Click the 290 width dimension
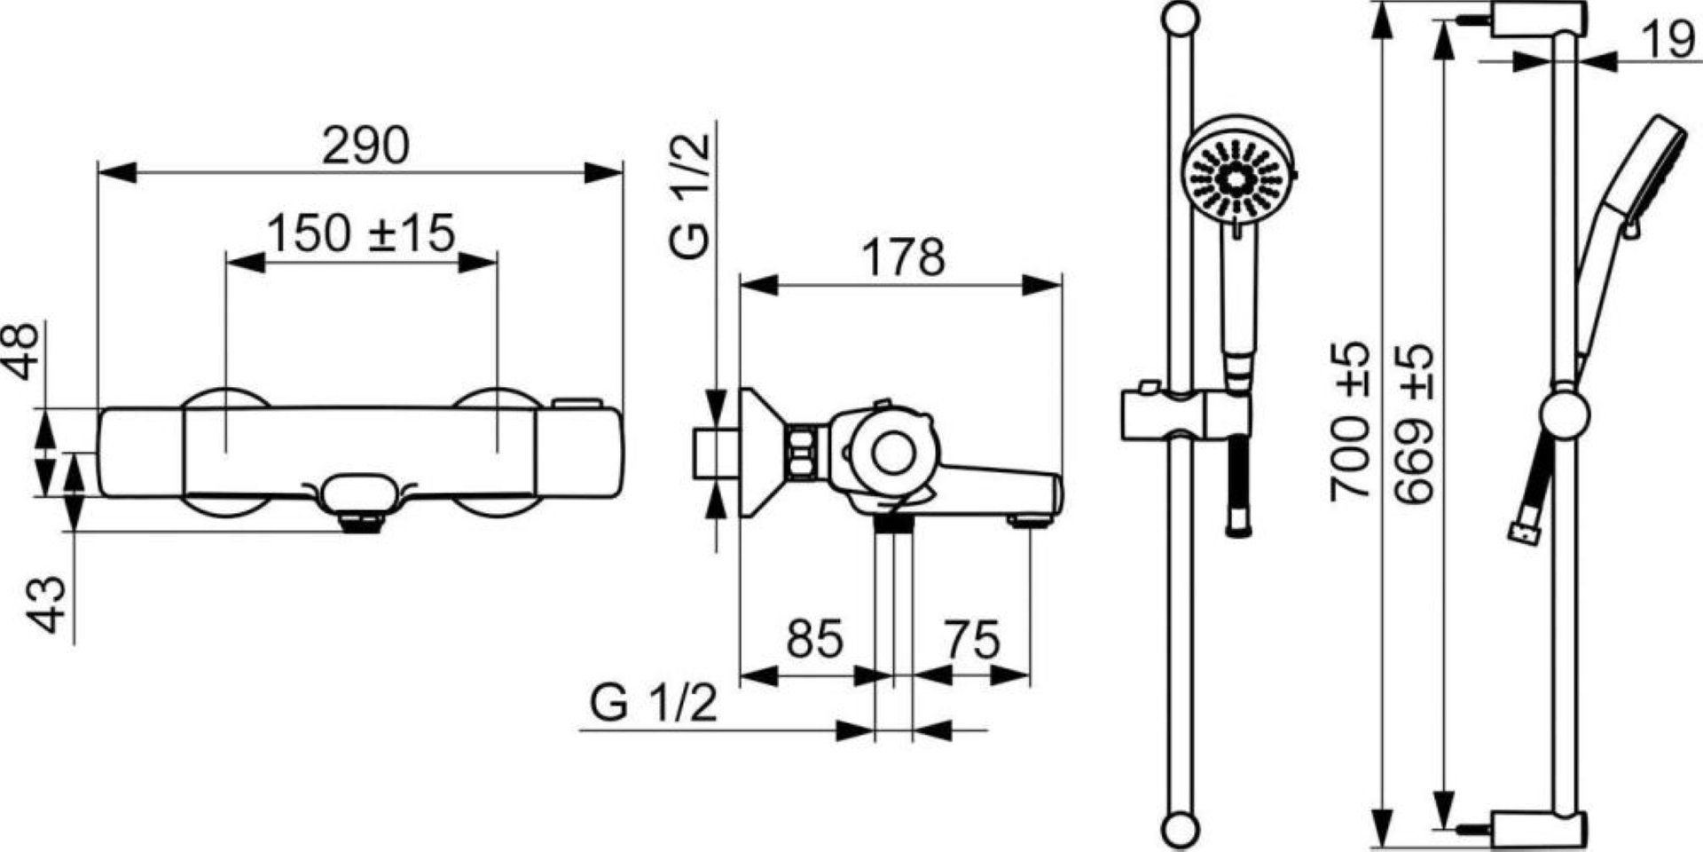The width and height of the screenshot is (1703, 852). (x=365, y=146)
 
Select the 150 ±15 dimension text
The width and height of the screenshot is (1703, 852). (x=360, y=233)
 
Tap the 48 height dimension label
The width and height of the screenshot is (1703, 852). (x=24, y=350)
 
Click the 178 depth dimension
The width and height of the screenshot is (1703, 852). (x=904, y=257)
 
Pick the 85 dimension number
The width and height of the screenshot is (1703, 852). (x=814, y=639)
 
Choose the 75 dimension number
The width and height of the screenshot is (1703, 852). (x=972, y=639)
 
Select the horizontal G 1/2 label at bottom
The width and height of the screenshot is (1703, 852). (x=653, y=705)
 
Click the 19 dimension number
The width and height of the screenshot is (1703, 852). (x=1668, y=40)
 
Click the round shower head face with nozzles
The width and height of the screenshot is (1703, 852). (x=1234, y=178)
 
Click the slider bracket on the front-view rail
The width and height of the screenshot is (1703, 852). (x=1184, y=414)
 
